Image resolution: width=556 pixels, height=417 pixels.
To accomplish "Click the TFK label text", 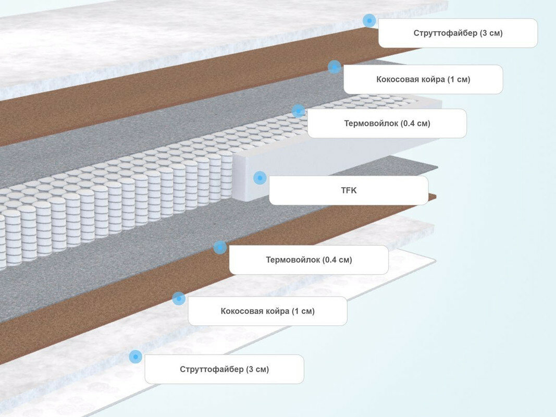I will coord(349,190).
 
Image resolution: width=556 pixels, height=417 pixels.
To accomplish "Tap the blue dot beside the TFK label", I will coord(260,178).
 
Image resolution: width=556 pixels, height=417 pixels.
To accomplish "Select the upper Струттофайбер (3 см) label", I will coord(458,33).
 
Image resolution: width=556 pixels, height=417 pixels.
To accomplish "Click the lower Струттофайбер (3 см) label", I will coord(224,369).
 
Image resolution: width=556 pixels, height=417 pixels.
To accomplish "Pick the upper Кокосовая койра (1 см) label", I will coord(423,79).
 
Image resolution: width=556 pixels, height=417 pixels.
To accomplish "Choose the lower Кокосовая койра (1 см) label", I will coord(267,311).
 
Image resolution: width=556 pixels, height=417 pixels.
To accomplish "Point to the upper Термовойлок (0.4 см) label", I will coord(387,124).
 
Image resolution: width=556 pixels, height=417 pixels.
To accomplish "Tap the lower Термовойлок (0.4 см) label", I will coord(308,260).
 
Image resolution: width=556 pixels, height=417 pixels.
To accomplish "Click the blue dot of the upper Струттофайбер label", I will coord(369,21).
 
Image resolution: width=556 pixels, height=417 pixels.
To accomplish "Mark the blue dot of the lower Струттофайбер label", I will coord(135,357).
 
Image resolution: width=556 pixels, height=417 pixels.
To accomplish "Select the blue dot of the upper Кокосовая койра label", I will coord(335,67).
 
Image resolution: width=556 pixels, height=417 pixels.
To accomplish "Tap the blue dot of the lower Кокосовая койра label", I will coord(179,299).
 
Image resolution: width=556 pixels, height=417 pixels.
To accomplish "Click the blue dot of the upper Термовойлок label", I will coord(299,111).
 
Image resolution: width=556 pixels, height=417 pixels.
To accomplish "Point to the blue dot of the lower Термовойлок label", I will coord(220,248).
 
